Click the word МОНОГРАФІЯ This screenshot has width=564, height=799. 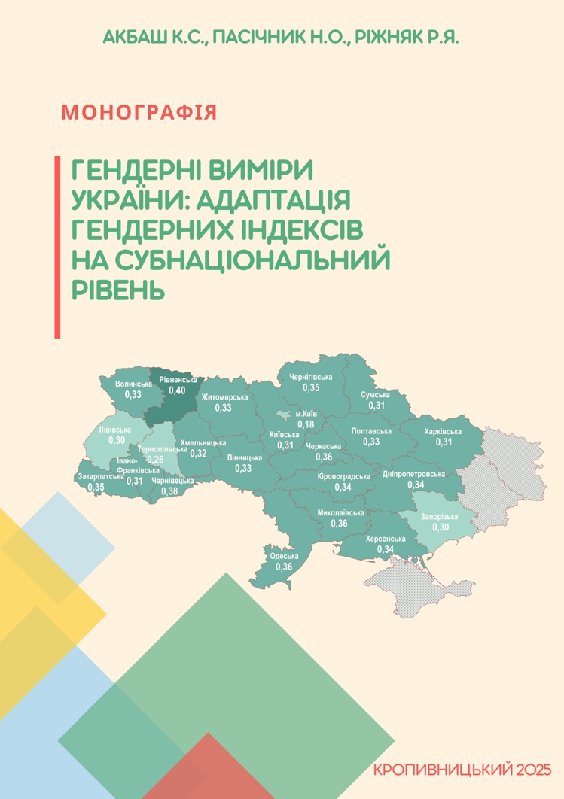point(139,113)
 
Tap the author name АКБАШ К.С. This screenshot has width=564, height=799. point(155,37)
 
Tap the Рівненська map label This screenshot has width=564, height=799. point(178,381)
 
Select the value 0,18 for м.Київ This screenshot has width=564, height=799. point(306,424)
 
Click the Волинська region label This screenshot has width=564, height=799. point(133,384)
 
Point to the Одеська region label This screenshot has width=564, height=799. point(284,557)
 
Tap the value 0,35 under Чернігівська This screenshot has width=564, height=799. point(311,387)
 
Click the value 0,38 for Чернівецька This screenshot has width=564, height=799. point(170,491)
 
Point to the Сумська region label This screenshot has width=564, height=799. point(375,395)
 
